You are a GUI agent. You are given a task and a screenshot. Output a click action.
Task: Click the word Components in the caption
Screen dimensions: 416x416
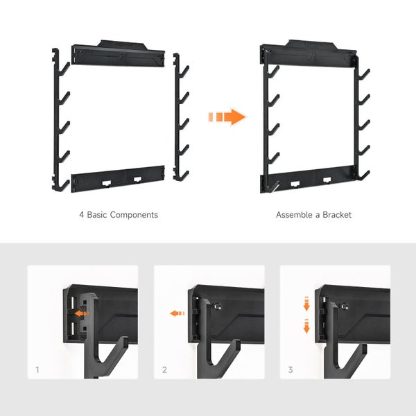(134, 215)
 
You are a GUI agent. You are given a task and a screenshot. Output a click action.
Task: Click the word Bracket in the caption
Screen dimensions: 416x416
(337, 215)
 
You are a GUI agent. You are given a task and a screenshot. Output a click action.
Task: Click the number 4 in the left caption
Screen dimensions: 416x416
(81, 215)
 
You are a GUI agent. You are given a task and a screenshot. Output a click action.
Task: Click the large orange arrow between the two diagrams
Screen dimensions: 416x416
(227, 116)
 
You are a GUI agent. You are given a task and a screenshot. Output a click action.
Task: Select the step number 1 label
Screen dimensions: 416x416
(37, 370)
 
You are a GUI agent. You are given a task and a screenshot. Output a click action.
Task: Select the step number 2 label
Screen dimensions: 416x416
(164, 370)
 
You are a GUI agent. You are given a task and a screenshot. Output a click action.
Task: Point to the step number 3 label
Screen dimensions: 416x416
(291, 370)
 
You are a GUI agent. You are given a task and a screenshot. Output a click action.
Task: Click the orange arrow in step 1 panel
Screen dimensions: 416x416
(81, 313)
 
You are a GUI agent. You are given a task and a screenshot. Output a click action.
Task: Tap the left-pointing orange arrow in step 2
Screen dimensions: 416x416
(177, 313)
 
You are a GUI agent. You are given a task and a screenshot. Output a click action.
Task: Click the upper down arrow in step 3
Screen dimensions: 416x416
(306, 304)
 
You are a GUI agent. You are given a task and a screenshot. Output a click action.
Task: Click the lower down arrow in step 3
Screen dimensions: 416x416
(306, 326)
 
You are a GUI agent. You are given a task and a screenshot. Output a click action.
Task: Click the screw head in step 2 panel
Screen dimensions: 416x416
(218, 306)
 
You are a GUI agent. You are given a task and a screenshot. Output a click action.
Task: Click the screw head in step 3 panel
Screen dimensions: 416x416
(345, 306)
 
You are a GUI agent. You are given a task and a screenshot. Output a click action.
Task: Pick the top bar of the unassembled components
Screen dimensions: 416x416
(118, 53)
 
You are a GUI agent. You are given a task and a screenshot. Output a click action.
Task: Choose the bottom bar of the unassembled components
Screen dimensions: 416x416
(118, 179)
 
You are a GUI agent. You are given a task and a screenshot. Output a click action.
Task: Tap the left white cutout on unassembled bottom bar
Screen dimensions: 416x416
(107, 183)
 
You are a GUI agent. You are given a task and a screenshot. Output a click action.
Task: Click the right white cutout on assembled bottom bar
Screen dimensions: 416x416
(327, 180)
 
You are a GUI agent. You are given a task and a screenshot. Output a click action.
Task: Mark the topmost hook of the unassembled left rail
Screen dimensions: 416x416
(64, 69)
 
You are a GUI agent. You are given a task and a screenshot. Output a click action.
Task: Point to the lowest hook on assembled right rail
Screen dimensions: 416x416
(363, 175)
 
